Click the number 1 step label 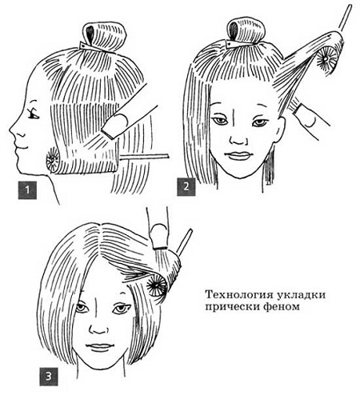tap(27, 190)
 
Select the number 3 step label tap(49, 377)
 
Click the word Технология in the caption tap(239, 295)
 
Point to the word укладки tap(302, 295)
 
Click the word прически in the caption tap(232, 307)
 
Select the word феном tap(281, 307)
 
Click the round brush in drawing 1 tap(53, 160)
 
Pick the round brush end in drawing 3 tap(157, 285)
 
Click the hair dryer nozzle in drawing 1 tap(114, 125)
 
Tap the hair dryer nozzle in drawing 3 tap(159, 237)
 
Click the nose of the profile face tap(14, 130)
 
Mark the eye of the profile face tap(34, 114)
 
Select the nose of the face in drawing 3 tap(98, 329)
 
